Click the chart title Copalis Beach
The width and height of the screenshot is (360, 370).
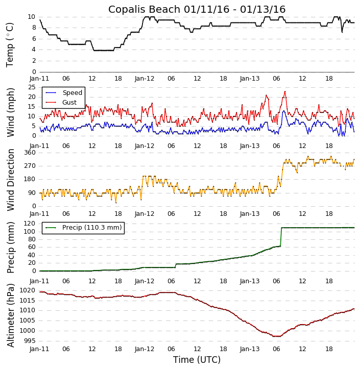(x=197, y=10)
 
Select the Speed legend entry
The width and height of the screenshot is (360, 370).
(x=72, y=93)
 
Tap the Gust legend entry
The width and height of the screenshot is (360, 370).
(x=69, y=103)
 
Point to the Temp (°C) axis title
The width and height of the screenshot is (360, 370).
(x=10, y=44)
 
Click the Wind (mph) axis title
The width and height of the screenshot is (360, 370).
(x=10, y=112)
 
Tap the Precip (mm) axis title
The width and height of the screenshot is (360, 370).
(x=10, y=247)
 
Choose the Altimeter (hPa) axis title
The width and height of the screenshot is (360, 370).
(x=10, y=315)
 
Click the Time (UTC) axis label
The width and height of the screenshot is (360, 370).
(x=197, y=360)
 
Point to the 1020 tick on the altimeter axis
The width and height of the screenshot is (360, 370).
(x=28, y=290)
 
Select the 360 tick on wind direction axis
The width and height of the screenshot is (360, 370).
(x=30, y=153)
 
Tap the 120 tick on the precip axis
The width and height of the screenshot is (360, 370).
(x=30, y=224)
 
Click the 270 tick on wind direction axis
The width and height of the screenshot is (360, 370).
(x=30, y=166)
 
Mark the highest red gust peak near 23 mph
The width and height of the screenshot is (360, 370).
(x=285, y=92)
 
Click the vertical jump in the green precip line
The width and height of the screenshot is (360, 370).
(x=281, y=237)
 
